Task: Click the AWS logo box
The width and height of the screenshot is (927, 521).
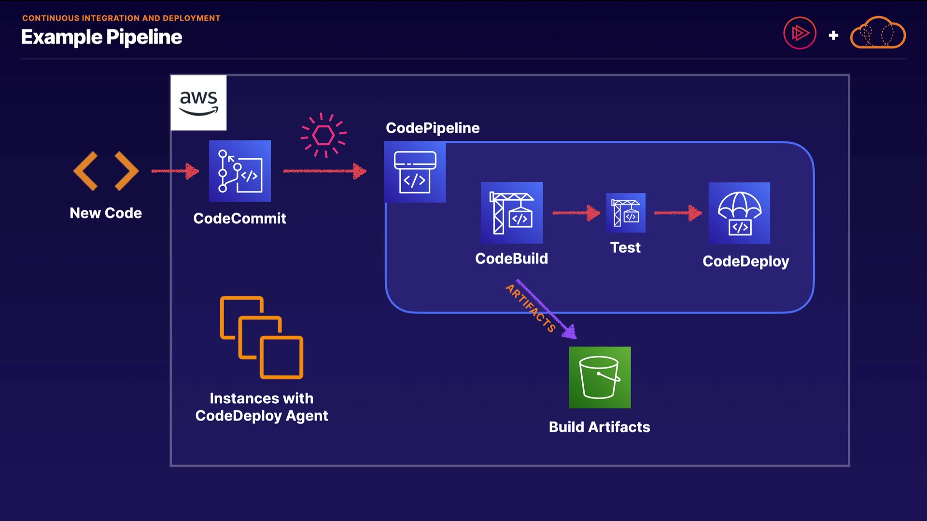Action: (x=198, y=102)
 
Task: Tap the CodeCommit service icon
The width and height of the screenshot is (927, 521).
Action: (x=239, y=171)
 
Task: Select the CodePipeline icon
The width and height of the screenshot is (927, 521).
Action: (x=415, y=172)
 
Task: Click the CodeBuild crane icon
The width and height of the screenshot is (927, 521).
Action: (x=512, y=213)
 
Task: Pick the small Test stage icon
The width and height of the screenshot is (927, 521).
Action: (x=626, y=213)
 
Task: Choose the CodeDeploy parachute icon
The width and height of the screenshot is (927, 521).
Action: (x=739, y=213)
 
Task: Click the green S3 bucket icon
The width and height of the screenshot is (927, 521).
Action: (x=600, y=377)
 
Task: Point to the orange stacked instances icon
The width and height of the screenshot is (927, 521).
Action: (x=262, y=337)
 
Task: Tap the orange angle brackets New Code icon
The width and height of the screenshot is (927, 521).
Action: (x=106, y=171)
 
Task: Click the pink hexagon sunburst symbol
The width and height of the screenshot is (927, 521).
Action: (x=323, y=135)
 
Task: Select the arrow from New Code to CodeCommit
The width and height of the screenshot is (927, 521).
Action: (x=175, y=171)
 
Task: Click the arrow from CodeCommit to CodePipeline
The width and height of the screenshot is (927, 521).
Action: (x=324, y=171)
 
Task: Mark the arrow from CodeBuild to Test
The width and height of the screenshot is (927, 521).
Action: (x=576, y=213)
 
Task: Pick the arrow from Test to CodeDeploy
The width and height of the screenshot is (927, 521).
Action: (x=678, y=213)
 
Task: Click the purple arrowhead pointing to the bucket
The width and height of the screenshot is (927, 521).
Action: (x=570, y=332)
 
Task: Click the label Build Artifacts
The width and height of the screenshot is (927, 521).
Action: (x=599, y=427)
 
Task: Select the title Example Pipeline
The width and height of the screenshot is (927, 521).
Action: (x=101, y=37)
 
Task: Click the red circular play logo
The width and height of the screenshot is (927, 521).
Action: (x=800, y=33)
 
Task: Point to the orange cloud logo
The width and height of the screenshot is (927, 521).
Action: (x=878, y=33)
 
